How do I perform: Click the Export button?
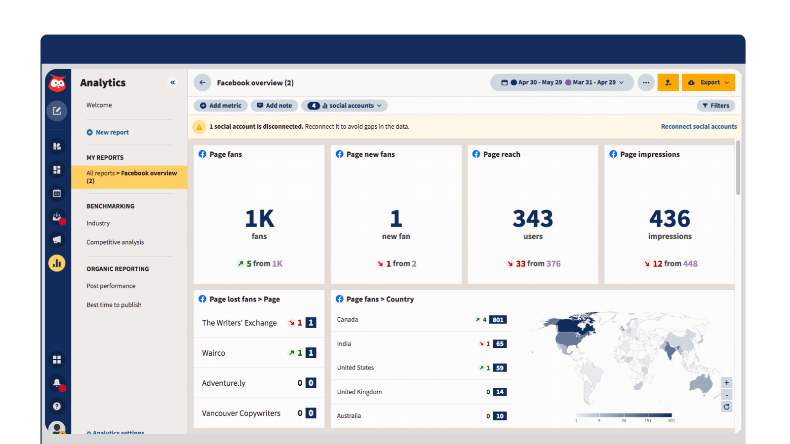pos(708,82)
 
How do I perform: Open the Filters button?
pos(716,106)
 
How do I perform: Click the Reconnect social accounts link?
pos(699,127)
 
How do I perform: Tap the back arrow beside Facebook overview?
pos(202,82)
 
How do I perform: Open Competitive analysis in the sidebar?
pos(115,242)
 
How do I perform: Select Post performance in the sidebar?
pos(111,286)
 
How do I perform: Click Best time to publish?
pos(114,305)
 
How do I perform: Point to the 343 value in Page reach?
pos(533,219)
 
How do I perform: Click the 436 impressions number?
pos(670,219)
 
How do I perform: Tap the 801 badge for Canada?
pos(498,320)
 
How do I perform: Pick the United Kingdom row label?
pos(359,392)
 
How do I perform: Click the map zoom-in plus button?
pos(726,383)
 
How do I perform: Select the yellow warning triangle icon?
pos(199,127)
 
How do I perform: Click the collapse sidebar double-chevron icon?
pos(173,82)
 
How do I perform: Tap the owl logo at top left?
pos(57,83)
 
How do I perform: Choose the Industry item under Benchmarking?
pos(98,223)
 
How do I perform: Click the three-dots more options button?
pos(646,82)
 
